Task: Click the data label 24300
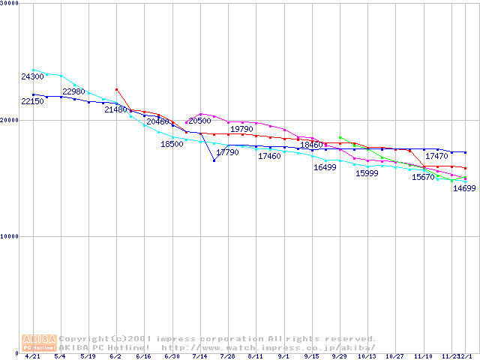click(32, 76)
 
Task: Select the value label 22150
click(32, 101)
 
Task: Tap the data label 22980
click(73, 91)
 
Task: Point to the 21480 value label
click(115, 109)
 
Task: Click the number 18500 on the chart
click(172, 144)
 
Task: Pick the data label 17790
click(227, 152)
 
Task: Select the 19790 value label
click(241, 129)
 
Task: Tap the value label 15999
click(367, 173)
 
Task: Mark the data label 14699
click(464, 188)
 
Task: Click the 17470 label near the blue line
click(436, 156)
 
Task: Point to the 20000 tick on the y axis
click(10, 120)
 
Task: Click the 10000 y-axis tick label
click(10, 236)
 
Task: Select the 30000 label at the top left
click(10, 4)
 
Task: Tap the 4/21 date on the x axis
click(32, 357)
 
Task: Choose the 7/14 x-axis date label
click(199, 357)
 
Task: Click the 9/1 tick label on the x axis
click(283, 357)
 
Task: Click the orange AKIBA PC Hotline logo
click(40, 343)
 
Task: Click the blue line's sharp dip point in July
click(214, 160)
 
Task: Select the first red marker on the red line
click(116, 89)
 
